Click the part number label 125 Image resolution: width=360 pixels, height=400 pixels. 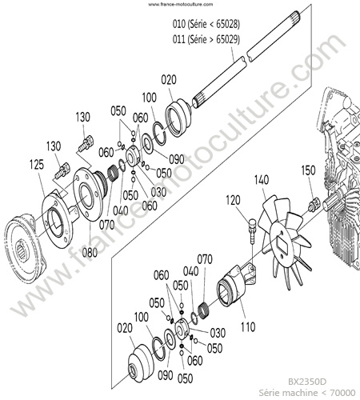[37, 165]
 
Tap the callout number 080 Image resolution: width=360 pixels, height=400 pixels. [90, 252]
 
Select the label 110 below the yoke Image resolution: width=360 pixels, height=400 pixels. [248, 326]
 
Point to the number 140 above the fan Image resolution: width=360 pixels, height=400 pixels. [262, 180]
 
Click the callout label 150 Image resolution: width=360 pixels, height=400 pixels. [308, 170]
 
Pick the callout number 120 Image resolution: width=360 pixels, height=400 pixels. [233, 200]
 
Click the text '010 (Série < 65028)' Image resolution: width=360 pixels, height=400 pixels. [206, 24]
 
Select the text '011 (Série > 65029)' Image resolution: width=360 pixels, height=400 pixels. [206, 39]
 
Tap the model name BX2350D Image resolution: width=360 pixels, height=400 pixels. [307, 382]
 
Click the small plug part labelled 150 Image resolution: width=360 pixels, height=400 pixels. [313, 205]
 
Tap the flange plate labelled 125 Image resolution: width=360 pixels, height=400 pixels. [58, 219]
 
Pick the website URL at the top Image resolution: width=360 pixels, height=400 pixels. [181, 4]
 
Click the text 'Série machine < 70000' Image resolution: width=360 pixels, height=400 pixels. [307, 393]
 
